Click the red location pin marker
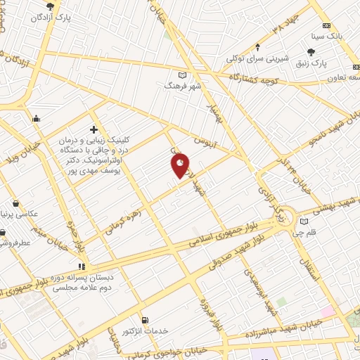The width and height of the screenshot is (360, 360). pyautogui.click(x=181, y=165)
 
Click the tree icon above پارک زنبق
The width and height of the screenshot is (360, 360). pyautogui.click(x=311, y=51)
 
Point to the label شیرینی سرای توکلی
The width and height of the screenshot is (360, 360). pyautogui.click(x=258, y=60)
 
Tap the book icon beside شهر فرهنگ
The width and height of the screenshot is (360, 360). pyautogui.click(x=183, y=74)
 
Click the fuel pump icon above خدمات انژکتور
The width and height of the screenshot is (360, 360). pyautogui.click(x=145, y=319)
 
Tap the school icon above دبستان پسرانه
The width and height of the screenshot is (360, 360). pyautogui.click(x=82, y=266)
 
